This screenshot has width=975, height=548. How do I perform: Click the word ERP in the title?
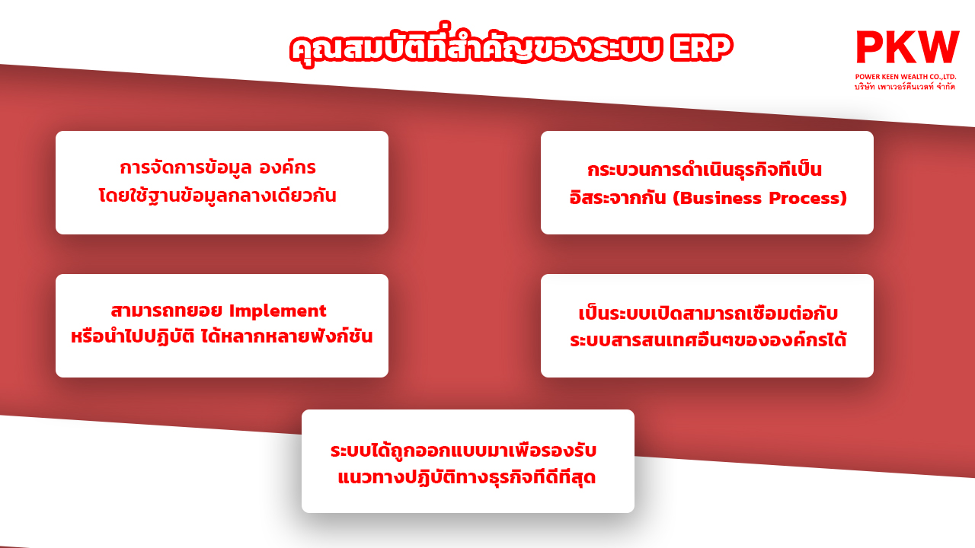(702, 48)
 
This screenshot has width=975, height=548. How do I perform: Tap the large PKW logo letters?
(907, 47)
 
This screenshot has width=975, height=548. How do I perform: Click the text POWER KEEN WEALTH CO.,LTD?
(906, 77)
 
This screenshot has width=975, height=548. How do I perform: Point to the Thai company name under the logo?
(905, 87)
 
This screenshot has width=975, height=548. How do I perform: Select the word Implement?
(278, 311)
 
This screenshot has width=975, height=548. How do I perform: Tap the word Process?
(805, 199)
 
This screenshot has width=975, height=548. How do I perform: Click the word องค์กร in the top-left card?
(288, 168)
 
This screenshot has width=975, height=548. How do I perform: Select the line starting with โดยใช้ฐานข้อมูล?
(218, 196)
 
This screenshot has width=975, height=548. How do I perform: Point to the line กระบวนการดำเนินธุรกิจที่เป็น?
(705, 169)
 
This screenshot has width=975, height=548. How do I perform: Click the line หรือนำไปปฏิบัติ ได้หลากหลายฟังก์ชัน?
(222, 336)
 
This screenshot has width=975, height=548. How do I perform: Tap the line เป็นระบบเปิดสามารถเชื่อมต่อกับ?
(708, 313)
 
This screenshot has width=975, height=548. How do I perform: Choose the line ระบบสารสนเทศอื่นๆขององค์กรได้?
(708, 339)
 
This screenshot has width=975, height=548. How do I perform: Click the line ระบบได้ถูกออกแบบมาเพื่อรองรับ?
(464, 450)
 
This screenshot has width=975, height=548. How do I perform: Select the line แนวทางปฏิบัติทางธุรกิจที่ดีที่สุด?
(467, 476)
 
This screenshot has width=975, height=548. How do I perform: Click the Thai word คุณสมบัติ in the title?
(358, 48)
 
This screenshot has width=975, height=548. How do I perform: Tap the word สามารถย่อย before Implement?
(167, 311)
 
